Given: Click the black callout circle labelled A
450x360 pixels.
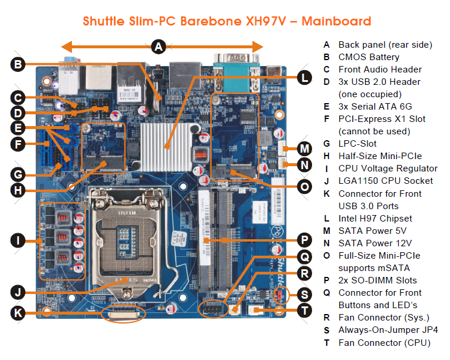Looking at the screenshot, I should (157, 47).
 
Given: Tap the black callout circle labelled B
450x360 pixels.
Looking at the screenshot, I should (19, 65).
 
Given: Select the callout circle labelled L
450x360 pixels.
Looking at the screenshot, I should (303, 77).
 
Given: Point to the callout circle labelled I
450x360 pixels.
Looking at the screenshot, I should (19, 240).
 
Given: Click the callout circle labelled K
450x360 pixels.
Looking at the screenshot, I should (19, 313).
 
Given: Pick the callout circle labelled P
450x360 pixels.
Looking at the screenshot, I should (303, 240).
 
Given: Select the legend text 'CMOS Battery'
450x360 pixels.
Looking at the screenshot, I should (369, 57).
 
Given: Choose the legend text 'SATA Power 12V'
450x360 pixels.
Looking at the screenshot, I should (374, 243).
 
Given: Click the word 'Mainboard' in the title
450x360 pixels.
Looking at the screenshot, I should (337, 22).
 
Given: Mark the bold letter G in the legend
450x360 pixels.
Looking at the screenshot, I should (326, 144).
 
